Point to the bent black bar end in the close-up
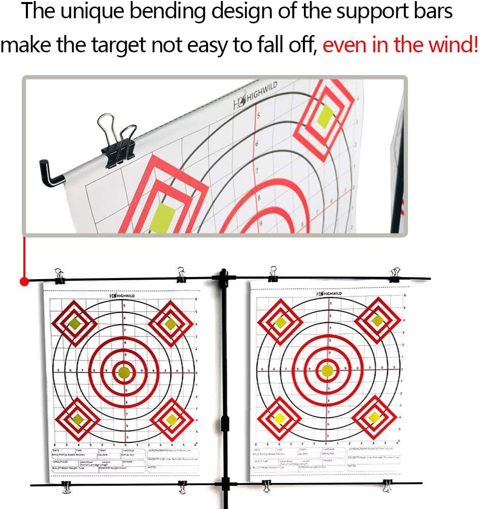pos(50,173)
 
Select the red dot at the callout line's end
pos(23,282)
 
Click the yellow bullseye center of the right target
pos(327,370)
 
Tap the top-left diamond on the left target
pos(75,323)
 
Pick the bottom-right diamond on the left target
pos(172,419)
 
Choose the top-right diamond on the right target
pos(376,320)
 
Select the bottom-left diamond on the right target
pos(279,418)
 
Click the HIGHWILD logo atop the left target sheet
pos(122,295)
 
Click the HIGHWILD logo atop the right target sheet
pos(329,293)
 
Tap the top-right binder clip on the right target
pos(395,275)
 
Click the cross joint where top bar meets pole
pos(223,278)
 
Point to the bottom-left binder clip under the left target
pos(66,487)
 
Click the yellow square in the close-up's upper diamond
pos(324,116)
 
